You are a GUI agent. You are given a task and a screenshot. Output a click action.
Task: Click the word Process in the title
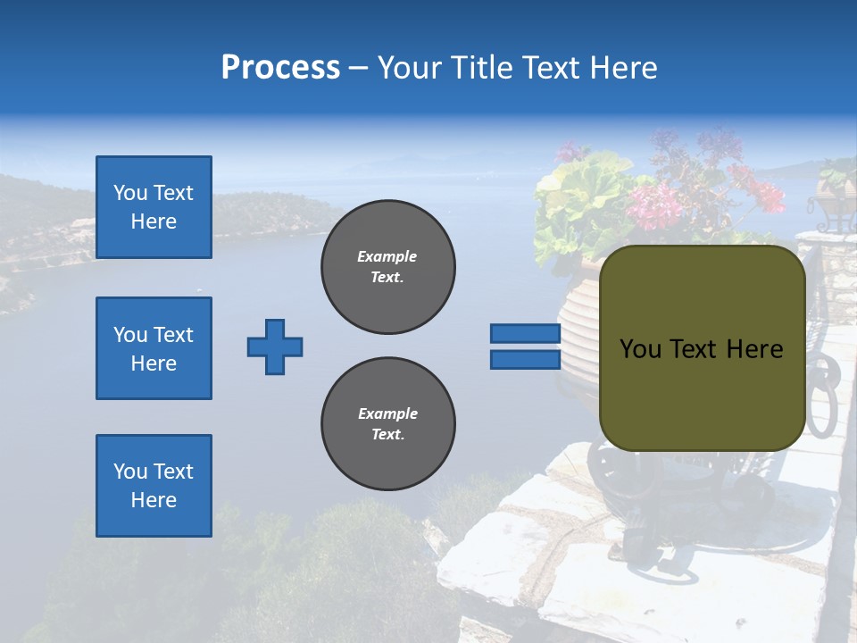[x=280, y=68]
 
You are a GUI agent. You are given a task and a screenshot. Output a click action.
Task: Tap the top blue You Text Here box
[x=154, y=207]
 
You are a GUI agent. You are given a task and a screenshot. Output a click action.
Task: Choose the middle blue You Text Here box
[x=154, y=348]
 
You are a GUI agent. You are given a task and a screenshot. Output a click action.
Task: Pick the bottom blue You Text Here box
[x=154, y=485]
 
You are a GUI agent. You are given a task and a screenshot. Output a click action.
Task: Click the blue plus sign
[x=275, y=347]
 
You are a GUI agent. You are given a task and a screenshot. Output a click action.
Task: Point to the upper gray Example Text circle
[x=387, y=267]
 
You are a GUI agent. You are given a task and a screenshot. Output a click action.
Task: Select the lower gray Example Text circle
[x=387, y=423]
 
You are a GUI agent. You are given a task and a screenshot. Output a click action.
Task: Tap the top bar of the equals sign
[x=525, y=334]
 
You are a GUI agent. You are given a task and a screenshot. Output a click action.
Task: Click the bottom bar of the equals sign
[x=525, y=359]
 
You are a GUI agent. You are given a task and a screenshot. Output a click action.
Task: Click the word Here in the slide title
[x=624, y=68]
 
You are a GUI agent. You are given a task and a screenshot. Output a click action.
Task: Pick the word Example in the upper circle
[x=387, y=256]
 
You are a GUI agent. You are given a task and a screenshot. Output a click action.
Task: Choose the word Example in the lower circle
[x=387, y=413]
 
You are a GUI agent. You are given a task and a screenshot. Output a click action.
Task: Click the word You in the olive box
[x=639, y=349]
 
